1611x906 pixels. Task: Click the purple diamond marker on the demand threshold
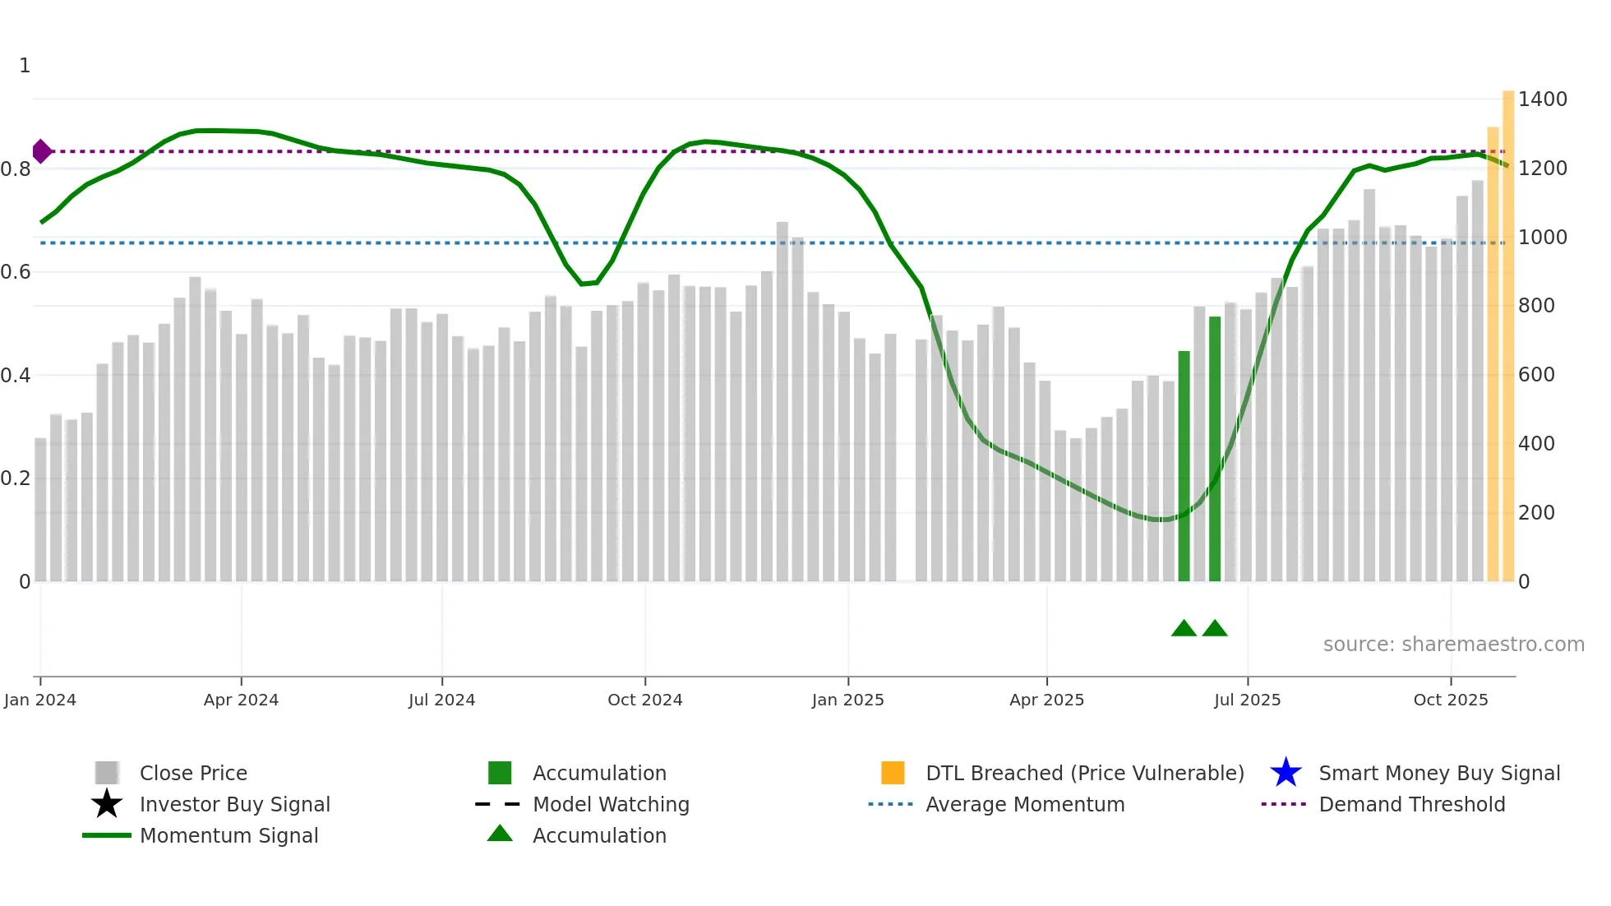[x=42, y=151]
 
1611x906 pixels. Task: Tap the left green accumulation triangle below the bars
[x=1184, y=629]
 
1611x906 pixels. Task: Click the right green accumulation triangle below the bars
[x=1215, y=629]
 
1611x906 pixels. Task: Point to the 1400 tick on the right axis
[x=1543, y=99]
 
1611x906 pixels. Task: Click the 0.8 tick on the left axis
[x=16, y=169]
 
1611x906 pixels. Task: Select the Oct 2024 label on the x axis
[x=644, y=700]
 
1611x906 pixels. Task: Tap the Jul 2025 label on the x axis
[x=1247, y=700]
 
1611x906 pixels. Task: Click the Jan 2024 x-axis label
[x=39, y=700]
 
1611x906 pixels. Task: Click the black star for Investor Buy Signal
[x=107, y=804]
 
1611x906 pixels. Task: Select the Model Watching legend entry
[x=611, y=804]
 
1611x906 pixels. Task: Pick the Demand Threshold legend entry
[x=1411, y=804]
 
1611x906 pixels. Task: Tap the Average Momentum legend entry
[x=1025, y=804]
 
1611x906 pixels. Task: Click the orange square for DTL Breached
[x=893, y=773]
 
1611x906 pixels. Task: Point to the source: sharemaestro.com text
[x=1453, y=645]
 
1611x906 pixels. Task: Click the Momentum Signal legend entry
[x=228, y=835]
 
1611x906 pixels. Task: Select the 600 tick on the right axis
[x=1536, y=375]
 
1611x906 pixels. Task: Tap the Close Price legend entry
[x=193, y=773]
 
